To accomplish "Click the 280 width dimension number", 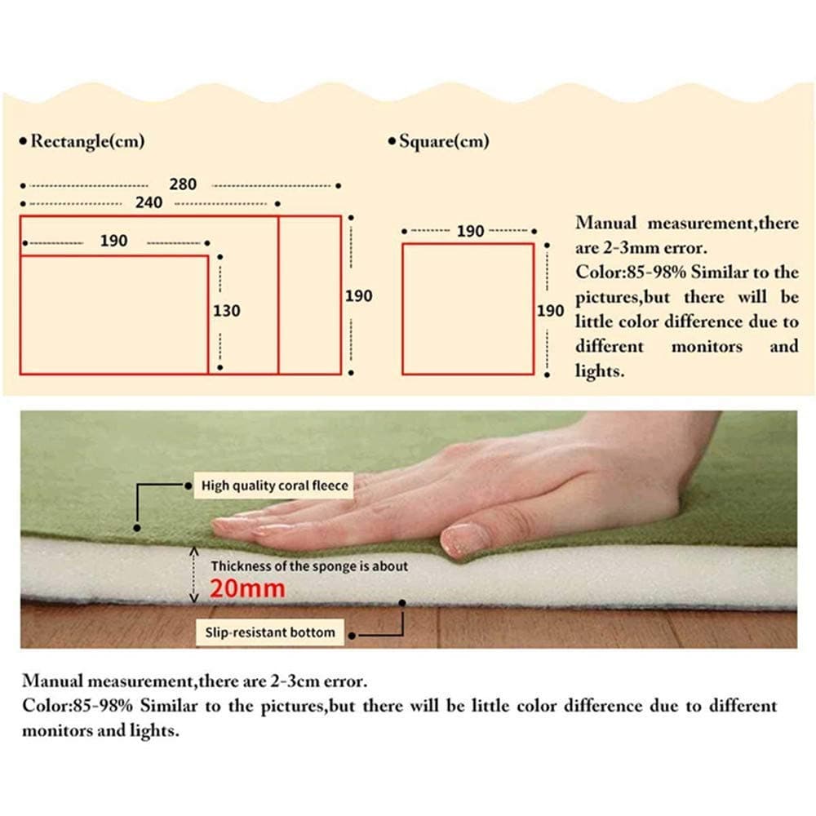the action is (183, 184).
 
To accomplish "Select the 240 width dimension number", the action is (149, 202).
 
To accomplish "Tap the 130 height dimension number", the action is (226, 311).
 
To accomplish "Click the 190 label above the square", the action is (471, 231).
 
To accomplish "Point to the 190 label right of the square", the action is (551, 311).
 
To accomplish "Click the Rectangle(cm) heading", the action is (87, 141).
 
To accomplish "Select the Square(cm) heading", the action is (444, 141).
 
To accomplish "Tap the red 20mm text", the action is (248, 588).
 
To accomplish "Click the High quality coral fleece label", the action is (274, 486).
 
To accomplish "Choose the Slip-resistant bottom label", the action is (270, 632).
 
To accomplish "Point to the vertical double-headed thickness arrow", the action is (194, 574).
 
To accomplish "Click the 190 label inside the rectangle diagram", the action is (114, 241).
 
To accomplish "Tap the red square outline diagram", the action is (403, 309).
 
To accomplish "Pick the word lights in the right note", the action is (599, 371).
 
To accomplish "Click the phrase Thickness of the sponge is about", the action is (309, 566).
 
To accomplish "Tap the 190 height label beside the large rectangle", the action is (359, 296).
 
